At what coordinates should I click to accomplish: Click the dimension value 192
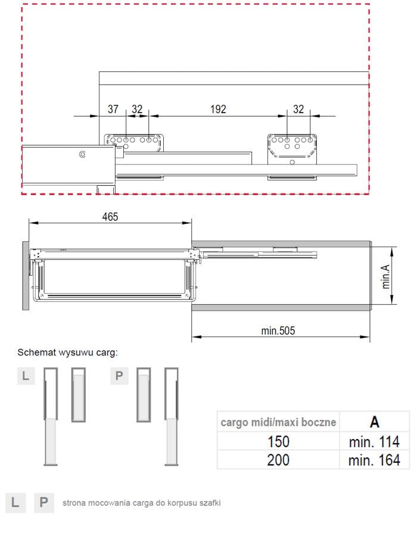(x=218, y=109)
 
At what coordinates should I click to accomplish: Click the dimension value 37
(x=113, y=109)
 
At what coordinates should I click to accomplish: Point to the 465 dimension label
(x=110, y=217)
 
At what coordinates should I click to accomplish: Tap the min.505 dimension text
(x=278, y=331)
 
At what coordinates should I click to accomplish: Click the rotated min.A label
(x=385, y=276)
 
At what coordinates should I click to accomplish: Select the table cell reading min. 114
(x=374, y=442)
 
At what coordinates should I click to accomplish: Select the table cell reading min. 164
(x=374, y=460)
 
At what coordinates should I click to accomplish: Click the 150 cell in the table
(x=279, y=442)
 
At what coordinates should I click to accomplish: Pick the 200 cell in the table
(x=279, y=460)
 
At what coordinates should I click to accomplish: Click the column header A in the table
(x=375, y=422)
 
